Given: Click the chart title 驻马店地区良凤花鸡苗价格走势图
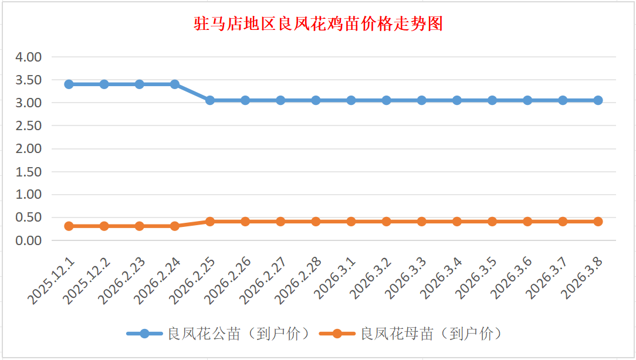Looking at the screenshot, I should click(318, 24).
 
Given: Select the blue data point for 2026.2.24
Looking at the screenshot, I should click(175, 84).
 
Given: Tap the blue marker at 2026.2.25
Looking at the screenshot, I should click(210, 100).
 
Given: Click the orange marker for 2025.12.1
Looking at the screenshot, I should click(69, 226).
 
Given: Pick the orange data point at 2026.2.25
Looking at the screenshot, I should click(210, 222).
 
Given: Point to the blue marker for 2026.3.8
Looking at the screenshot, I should click(598, 100).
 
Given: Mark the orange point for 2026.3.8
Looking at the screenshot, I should click(598, 222).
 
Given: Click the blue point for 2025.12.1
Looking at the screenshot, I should click(69, 84).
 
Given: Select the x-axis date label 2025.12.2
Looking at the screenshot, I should click(86, 282).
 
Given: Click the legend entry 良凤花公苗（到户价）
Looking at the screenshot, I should click(238, 334).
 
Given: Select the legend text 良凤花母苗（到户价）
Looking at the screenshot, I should click(431, 334).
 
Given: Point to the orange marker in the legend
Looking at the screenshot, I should click(337, 334).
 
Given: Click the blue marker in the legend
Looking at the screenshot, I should click(144, 334).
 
